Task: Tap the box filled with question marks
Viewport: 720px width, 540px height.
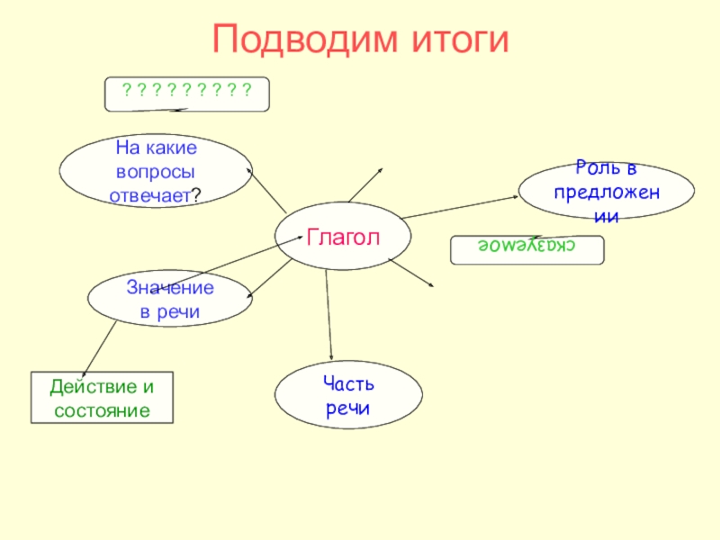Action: click(187, 93)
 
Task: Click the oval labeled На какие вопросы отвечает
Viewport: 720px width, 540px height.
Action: click(156, 171)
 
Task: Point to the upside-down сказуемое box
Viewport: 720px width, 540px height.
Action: click(527, 249)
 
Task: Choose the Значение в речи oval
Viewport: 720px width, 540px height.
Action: click(169, 300)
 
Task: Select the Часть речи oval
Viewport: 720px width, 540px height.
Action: click(347, 396)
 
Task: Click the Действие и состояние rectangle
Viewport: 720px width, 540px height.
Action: click(101, 398)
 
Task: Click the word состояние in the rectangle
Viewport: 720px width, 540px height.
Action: click(101, 409)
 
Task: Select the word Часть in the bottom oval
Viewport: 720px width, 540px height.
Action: click(348, 384)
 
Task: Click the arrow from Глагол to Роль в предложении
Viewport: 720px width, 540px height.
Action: click(462, 205)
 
